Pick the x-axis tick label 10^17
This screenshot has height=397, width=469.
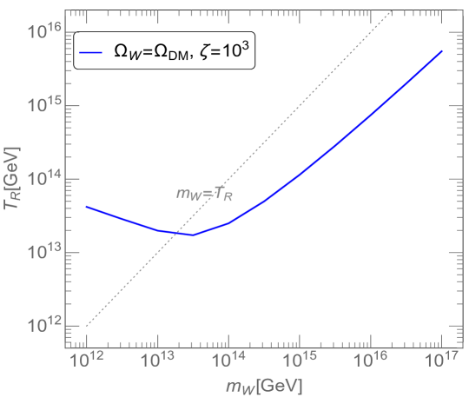(x=441, y=357)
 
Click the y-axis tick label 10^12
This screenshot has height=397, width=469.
(x=43, y=325)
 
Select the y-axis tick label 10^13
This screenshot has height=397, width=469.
(x=43, y=252)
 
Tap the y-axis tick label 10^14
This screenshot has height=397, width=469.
(x=43, y=178)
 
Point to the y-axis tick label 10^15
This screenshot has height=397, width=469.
(x=43, y=104)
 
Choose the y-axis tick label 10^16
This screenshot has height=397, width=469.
(x=43, y=32)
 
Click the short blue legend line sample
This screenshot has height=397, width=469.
(x=91, y=53)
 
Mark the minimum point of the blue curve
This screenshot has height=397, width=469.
(x=194, y=235)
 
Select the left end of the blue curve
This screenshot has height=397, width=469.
(x=85, y=207)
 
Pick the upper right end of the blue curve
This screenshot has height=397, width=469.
(x=442, y=51)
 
